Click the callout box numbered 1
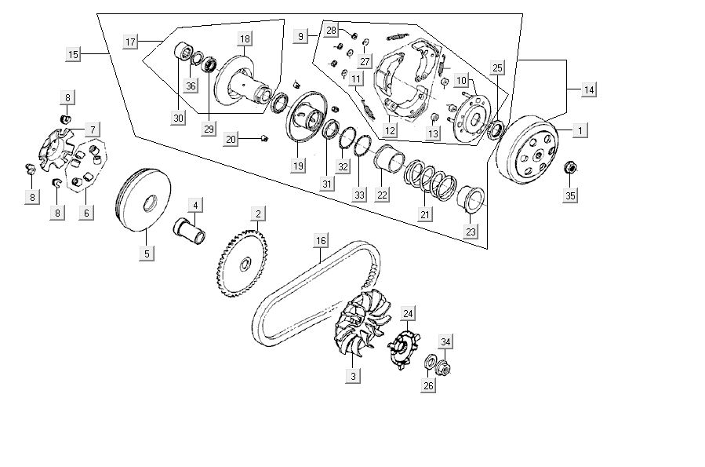pyautogui.click(x=580, y=130)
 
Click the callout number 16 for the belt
pyautogui.click(x=320, y=240)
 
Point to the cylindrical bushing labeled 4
pyautogui.click(x=189, y=233)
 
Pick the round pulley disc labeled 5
pyautogui.click(x=142, y=202)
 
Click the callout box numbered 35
pyautogui.click(x=571, y=195)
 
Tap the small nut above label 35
pyautogui.click(x=571, y=167)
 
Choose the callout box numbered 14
pyautogui.click(x=588, y=89)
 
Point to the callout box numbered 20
pyautogui.click(x=230, y=139)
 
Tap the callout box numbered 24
pyautogui.click(x=408, y=314)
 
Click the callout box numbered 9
pyautogui.click(x=300, y=35)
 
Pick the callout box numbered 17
pyautogui.click(x=130, y=41)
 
